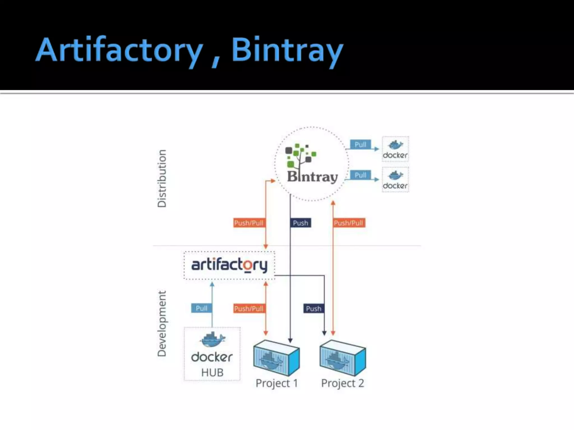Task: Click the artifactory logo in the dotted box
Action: [229, 265]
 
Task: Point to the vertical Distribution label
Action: [162, 178]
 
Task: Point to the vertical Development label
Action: [162, 323]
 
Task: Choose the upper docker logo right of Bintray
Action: [395, 149]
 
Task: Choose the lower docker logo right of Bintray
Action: [395, 180]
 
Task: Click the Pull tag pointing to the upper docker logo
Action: [360, 144]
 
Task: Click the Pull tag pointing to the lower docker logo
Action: [360, 175]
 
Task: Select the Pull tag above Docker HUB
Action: [201, 308]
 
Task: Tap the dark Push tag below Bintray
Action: [300, 223]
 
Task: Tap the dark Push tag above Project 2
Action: [313, 309]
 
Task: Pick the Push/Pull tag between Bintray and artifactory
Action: [249, 223]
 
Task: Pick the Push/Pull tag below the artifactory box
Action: [249, 309]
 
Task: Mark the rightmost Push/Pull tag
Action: [348, 223]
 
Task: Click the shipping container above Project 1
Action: [276, 358]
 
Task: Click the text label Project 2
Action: [342, 383]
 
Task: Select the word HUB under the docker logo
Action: [212, 372]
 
